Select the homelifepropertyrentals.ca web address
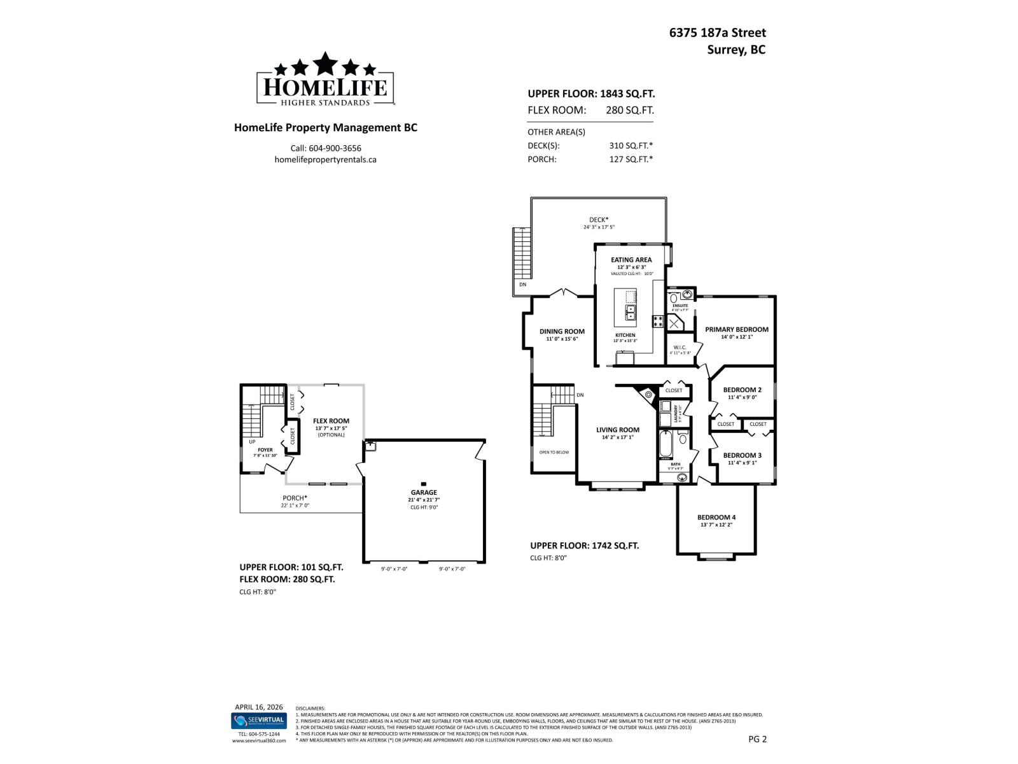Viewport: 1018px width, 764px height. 325,160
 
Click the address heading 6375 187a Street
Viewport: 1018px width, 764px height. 717,33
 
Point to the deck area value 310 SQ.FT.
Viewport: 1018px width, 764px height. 631,145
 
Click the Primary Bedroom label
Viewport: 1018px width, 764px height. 736,329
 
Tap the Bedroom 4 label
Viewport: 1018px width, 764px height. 716,517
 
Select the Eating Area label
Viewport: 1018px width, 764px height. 631,260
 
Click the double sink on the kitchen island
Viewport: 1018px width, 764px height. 631,313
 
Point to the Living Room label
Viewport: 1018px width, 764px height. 617,430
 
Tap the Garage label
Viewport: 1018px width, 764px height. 424,492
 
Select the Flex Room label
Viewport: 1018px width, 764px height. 331,421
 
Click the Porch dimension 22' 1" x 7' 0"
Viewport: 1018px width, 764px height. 295,506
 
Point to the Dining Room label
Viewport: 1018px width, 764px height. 562,331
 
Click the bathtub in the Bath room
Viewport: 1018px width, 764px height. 666,444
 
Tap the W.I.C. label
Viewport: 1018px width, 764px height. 680,347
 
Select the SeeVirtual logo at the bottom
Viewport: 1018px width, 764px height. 258,721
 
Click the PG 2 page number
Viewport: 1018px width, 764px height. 758,739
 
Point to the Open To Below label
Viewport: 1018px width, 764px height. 554,452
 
